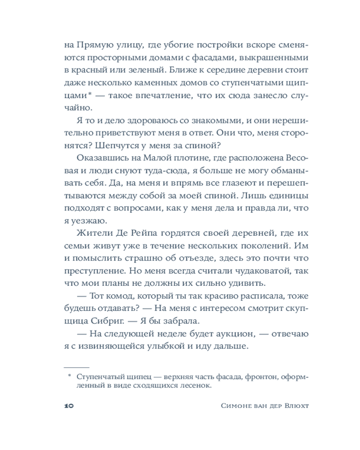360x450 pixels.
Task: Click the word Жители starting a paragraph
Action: point(91,234)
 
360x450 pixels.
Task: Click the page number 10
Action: point(69,406)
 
